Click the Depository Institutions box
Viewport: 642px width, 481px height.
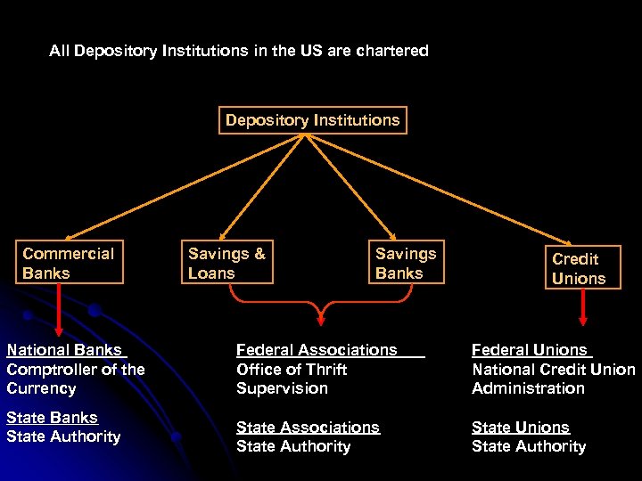pyautogui.click(x=313, y=120)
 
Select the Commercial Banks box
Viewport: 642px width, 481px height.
pyautogui.click(x=69, y=263)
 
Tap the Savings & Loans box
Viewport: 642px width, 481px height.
pyautogui.click(x=226, y=263)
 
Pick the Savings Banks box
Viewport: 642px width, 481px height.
pyautogui.click(x=406, y=263)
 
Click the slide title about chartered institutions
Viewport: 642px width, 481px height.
pyautogui.click(x=239, y=51)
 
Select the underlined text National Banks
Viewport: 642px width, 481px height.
pyautogui.click(x=64, y=350)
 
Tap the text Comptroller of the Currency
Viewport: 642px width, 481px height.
pyautogui.click(x=75, y=379)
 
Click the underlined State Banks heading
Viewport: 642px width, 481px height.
pyautogui.click(x=52, y=418)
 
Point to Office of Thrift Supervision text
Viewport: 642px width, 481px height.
pyautogui.click(x=292, y=379)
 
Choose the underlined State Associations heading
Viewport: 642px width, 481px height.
pyautogui.click(x=308, y=428)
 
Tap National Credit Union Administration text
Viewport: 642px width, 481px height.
pyautogui.click(x=553, y=379)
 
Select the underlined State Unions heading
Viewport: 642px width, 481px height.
pyautogui.click(x=521, y=428)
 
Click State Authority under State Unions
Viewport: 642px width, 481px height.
pyautogui.click(x=529, y=446)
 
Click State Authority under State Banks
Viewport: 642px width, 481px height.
pyautogui.click(x=63, y=436)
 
